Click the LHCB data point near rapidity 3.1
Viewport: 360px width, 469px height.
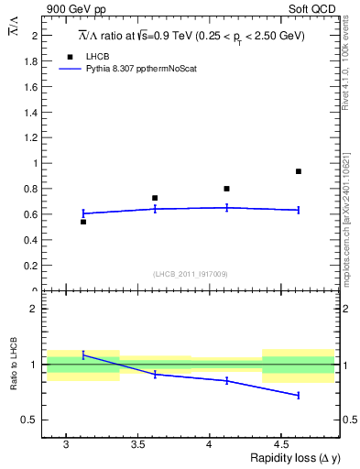pyautogui.click(x=83, y=222)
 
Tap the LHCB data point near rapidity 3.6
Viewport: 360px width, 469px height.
pyautogui.click(x=155, y=198)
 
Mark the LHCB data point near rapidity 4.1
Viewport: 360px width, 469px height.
pyautogui.click(x=226, y=189)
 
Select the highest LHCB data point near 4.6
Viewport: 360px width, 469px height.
pyautogui.click(x=298, y=171)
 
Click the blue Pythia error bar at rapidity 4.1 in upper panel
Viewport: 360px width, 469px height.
pyautogui.click(x=226, y=208)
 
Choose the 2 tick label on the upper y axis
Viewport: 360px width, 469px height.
pyautogui.click(x=37, y=35)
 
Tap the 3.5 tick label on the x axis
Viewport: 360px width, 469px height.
pyautogui.click(x=137, y=445)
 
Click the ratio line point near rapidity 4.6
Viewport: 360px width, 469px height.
pyautogui.click(x=298, y=395)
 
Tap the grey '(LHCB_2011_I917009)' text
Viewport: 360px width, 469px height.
pyautogui.click(x=191, y=274)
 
